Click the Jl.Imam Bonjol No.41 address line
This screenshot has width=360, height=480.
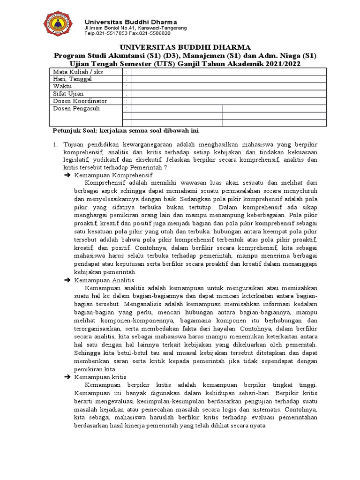point(135,28)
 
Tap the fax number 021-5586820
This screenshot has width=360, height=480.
point(155,33)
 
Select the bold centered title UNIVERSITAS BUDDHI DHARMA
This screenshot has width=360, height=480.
point(185,47)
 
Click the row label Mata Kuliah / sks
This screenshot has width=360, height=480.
point(78,72)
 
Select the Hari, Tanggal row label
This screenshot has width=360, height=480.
point(73,79)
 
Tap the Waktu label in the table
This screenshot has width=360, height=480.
point(62,87)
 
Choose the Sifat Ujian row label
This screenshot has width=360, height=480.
point(68,94)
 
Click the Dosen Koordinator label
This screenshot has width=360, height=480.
point(80,101)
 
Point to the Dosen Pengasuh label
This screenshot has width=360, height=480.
point(76,108)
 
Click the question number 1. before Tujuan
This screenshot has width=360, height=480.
point(55,145)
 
